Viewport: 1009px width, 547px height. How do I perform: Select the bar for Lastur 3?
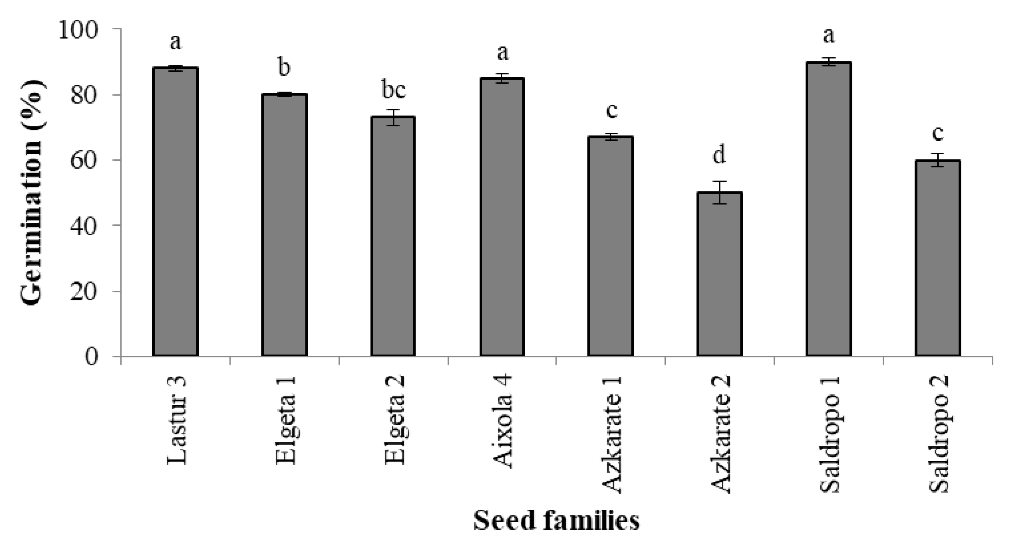[x=175, y=211]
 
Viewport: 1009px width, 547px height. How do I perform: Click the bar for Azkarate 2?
[x=719, y=274]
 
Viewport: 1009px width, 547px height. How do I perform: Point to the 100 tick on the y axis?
[x=78, y=30]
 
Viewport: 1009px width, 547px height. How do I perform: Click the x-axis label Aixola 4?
[x=502, y=421]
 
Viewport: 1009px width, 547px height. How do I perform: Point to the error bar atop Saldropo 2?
[x=938, y=160]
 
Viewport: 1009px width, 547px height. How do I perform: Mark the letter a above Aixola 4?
[x=503, y=52]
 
